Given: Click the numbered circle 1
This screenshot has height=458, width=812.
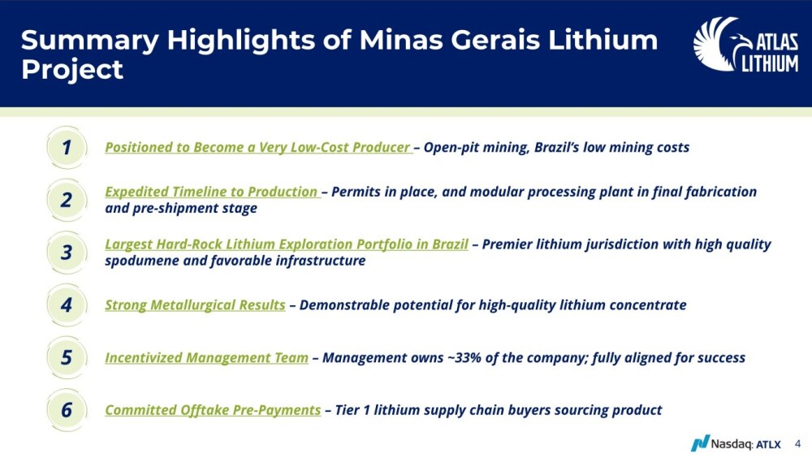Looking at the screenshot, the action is (67, 148).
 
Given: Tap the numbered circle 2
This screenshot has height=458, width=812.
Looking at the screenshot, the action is (67, 200).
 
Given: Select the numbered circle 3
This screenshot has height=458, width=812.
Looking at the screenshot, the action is (67, 253).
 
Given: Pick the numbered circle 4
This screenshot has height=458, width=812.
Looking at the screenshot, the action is (67, 305).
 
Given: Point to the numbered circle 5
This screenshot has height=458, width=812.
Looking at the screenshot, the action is (67, 357).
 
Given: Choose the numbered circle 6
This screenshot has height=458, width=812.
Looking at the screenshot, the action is (67, 410).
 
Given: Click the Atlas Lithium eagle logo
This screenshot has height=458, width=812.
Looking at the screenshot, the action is (745, 45).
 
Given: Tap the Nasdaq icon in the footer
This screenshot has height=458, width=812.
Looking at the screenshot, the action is (700, 443).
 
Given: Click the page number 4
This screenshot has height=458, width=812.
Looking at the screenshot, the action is (797, 444).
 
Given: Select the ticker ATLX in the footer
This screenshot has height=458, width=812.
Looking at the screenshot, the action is (768, 444).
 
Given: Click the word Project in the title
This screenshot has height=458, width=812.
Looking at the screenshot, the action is (72, 69).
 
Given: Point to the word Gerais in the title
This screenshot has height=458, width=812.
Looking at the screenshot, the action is (495, 41).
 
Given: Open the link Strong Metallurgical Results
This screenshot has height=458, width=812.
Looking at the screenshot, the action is (195, 305).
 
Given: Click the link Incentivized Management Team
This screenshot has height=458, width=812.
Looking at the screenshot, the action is (206, 358).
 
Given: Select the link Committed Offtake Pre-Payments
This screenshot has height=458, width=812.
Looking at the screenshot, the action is (213, 410).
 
